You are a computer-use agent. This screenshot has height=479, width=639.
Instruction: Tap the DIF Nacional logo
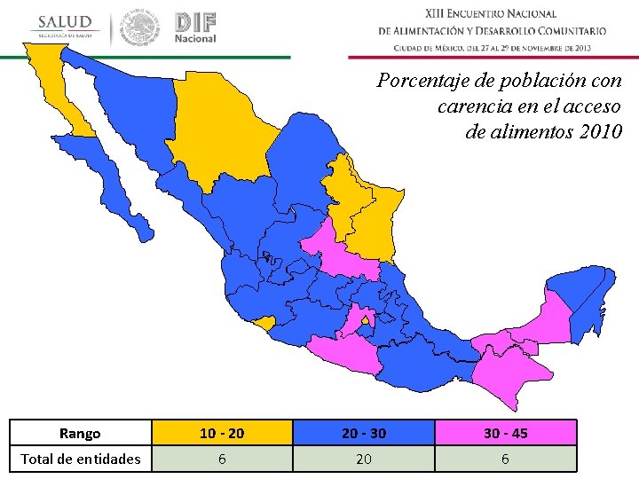pos(195,27)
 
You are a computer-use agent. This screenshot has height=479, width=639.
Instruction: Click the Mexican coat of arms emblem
pos(140,27)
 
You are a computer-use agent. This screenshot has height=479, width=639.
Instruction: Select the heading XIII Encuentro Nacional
pos(491,13)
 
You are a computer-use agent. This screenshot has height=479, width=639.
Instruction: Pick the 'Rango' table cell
pos(80,433)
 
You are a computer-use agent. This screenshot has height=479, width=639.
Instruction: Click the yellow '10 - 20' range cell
pos(221,433)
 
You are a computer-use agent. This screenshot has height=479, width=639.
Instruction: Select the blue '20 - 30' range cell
pos(363,433)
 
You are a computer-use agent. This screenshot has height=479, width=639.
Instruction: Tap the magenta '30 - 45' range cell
pos(505,433)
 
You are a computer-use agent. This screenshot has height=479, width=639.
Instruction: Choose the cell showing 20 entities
pos(363,459)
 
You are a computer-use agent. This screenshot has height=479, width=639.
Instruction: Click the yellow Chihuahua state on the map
pos(222,124)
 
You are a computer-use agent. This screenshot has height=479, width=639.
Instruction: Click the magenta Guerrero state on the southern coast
pos(342,355)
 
